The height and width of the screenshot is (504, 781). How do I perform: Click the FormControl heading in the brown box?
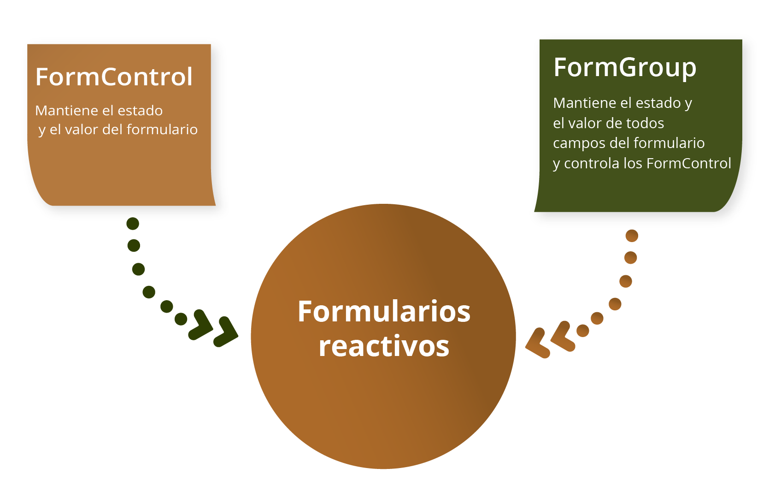(x=114, y=77)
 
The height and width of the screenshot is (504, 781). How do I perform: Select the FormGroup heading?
(x=625, y=68)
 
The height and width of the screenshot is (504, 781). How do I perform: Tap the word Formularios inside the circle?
(x=384, y=311)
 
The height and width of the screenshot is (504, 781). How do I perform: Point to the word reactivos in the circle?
(x=384, y=346)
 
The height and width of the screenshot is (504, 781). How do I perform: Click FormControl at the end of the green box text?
(x=688, y=163)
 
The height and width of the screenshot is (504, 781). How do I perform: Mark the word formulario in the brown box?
(x=162, y=130)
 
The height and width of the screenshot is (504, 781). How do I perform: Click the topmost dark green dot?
(x=133, y=224)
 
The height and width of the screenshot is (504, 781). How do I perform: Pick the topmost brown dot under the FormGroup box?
(x=632, y=236)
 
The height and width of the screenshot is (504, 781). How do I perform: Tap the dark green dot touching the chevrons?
(x=181, y=319)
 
